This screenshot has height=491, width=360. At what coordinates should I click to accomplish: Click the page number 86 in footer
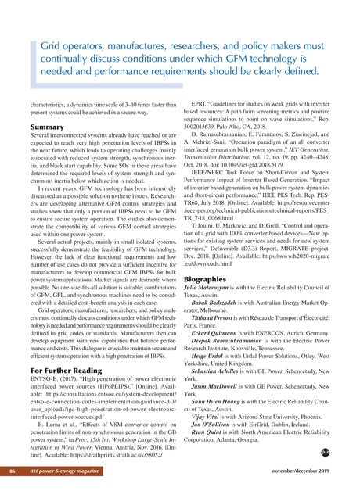12,472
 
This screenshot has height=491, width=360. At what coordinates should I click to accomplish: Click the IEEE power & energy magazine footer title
71,472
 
